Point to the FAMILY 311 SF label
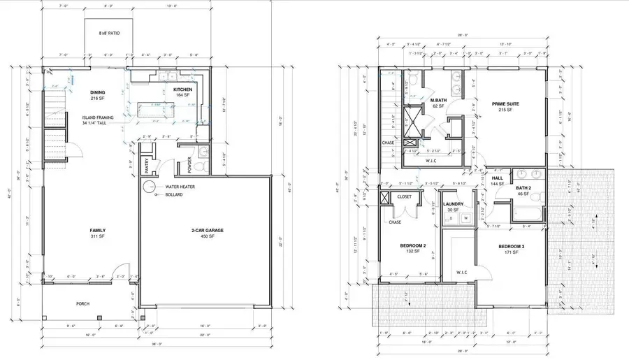[96, 233]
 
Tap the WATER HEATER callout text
[180, 187]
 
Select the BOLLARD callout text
[174, 194]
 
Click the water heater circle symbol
[149, 187]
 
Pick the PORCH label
[83, 304]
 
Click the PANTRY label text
[145, 165]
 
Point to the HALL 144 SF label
[498, 181]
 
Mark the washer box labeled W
[465, 218]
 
